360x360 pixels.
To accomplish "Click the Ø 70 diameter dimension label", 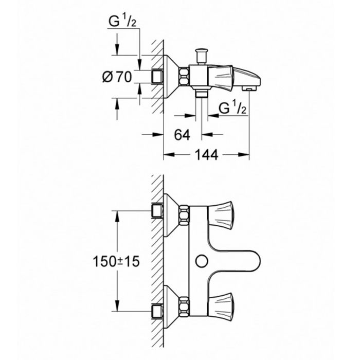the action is [x=117, y=77].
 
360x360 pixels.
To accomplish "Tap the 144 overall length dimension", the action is [x=206, y=155].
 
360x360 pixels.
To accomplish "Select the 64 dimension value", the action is [x=182, y=135].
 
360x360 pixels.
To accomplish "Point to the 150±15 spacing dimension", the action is [x=116, y=261].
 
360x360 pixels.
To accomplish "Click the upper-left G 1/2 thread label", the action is [x=122, y=22].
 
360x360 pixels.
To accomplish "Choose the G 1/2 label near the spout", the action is [x=232, y=108].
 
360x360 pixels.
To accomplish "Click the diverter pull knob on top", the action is [x=201, y=56].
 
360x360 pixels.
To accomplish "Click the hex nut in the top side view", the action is [x=184, y=77].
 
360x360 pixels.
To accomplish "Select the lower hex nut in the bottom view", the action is [x=184, y=307].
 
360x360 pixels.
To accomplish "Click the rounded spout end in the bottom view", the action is [x=255, y=261].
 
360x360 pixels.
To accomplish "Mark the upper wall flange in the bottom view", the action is [x=171, y=215].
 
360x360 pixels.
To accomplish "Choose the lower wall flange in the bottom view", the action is [x=171, y=307].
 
